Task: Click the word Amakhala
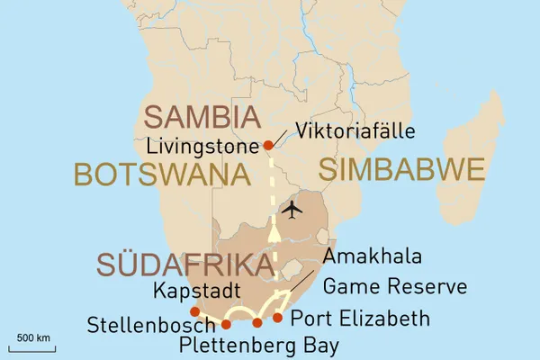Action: (373, 256)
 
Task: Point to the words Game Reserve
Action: (394, 287)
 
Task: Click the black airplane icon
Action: (292, 211)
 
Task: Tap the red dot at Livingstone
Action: (267, 145)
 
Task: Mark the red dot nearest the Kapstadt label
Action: (195, 311)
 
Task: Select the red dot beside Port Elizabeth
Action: (277, 317)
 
